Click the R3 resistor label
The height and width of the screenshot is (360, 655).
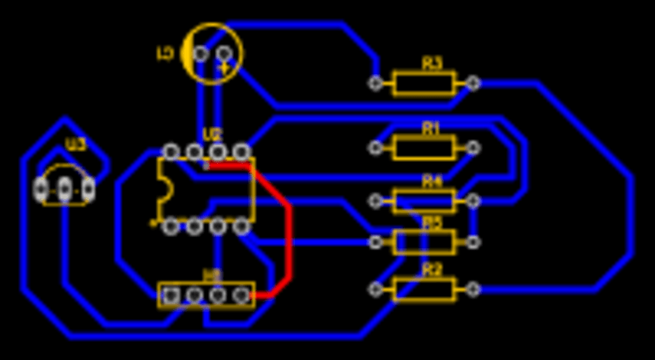(432, 63)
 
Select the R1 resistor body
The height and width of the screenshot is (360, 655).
(424, 147)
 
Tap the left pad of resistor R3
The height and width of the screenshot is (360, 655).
(376, 83)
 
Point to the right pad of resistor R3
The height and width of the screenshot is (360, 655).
(473, 83)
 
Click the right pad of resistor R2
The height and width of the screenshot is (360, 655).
(473, 289)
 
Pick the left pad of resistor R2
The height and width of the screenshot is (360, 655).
(376, 289)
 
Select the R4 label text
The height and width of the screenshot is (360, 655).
(432, 182)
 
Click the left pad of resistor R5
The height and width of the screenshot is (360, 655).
(376, 243)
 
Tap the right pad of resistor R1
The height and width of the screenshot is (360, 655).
(473, 147)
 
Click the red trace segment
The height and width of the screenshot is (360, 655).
(289, 232)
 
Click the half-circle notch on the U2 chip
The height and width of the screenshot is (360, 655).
(163, 188)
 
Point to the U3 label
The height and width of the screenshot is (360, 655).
(76, 144)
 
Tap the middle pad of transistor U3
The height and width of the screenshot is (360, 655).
(65, 188)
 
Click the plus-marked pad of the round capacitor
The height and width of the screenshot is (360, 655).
(224, 54)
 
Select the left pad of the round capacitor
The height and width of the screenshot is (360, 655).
(201, 54)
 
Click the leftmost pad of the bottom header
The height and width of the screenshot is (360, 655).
(171, 294)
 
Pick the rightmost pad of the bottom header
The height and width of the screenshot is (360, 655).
(242, 294)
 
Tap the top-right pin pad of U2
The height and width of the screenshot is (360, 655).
(242, 151)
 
